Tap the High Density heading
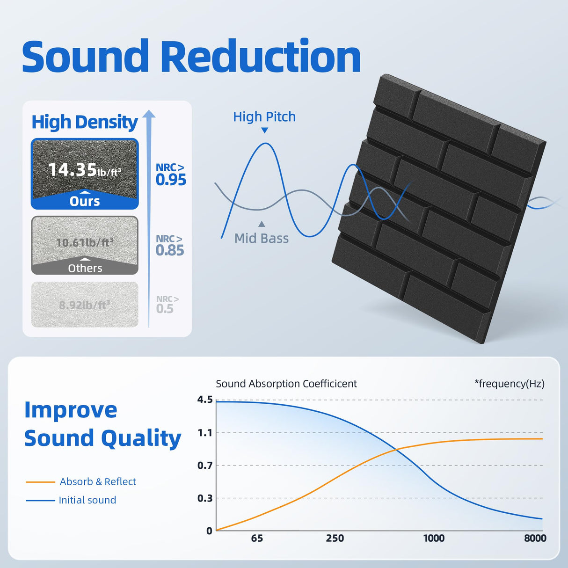coord(85,122)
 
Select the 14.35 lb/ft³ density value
coord(85,170)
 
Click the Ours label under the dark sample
coord(85,201)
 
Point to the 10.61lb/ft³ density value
coord(85,242)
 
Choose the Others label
coord(85,268)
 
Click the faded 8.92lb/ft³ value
coord(85,305)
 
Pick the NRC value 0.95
coord(171,180)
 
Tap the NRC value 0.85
coord(170,250)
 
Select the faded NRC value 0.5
coord(165,309)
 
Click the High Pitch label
coord(264,117)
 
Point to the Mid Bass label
coord(262,238)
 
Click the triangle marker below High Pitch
coord(265,131)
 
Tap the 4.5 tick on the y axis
coord(205,400)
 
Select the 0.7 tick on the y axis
coord(205,466)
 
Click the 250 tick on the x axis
coord(335,538)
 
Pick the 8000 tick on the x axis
coord(535,538)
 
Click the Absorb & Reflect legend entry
coord(98,481)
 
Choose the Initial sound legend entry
coord(87,500)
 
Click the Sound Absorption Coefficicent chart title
coord(286,384)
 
